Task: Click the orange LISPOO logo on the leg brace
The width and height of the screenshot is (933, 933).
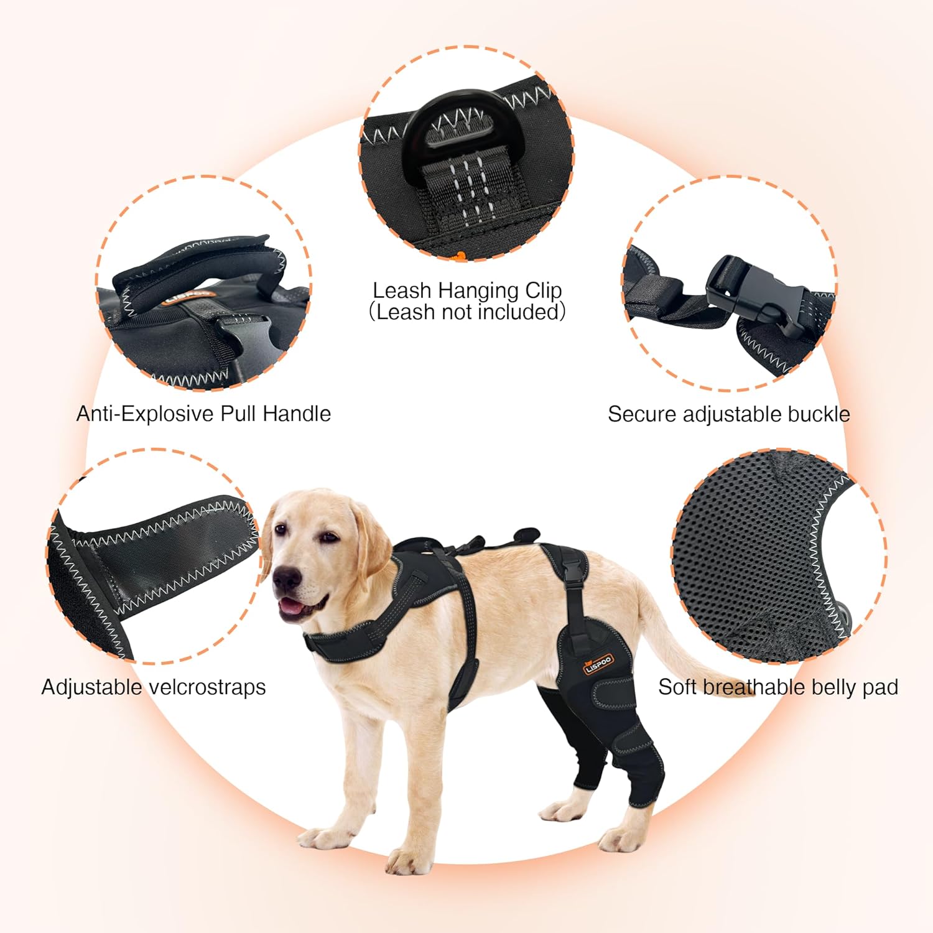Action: click(598, 664)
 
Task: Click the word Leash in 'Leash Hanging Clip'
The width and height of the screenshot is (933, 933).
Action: click(402, 290)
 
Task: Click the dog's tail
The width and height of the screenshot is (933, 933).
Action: click(678, 641)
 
